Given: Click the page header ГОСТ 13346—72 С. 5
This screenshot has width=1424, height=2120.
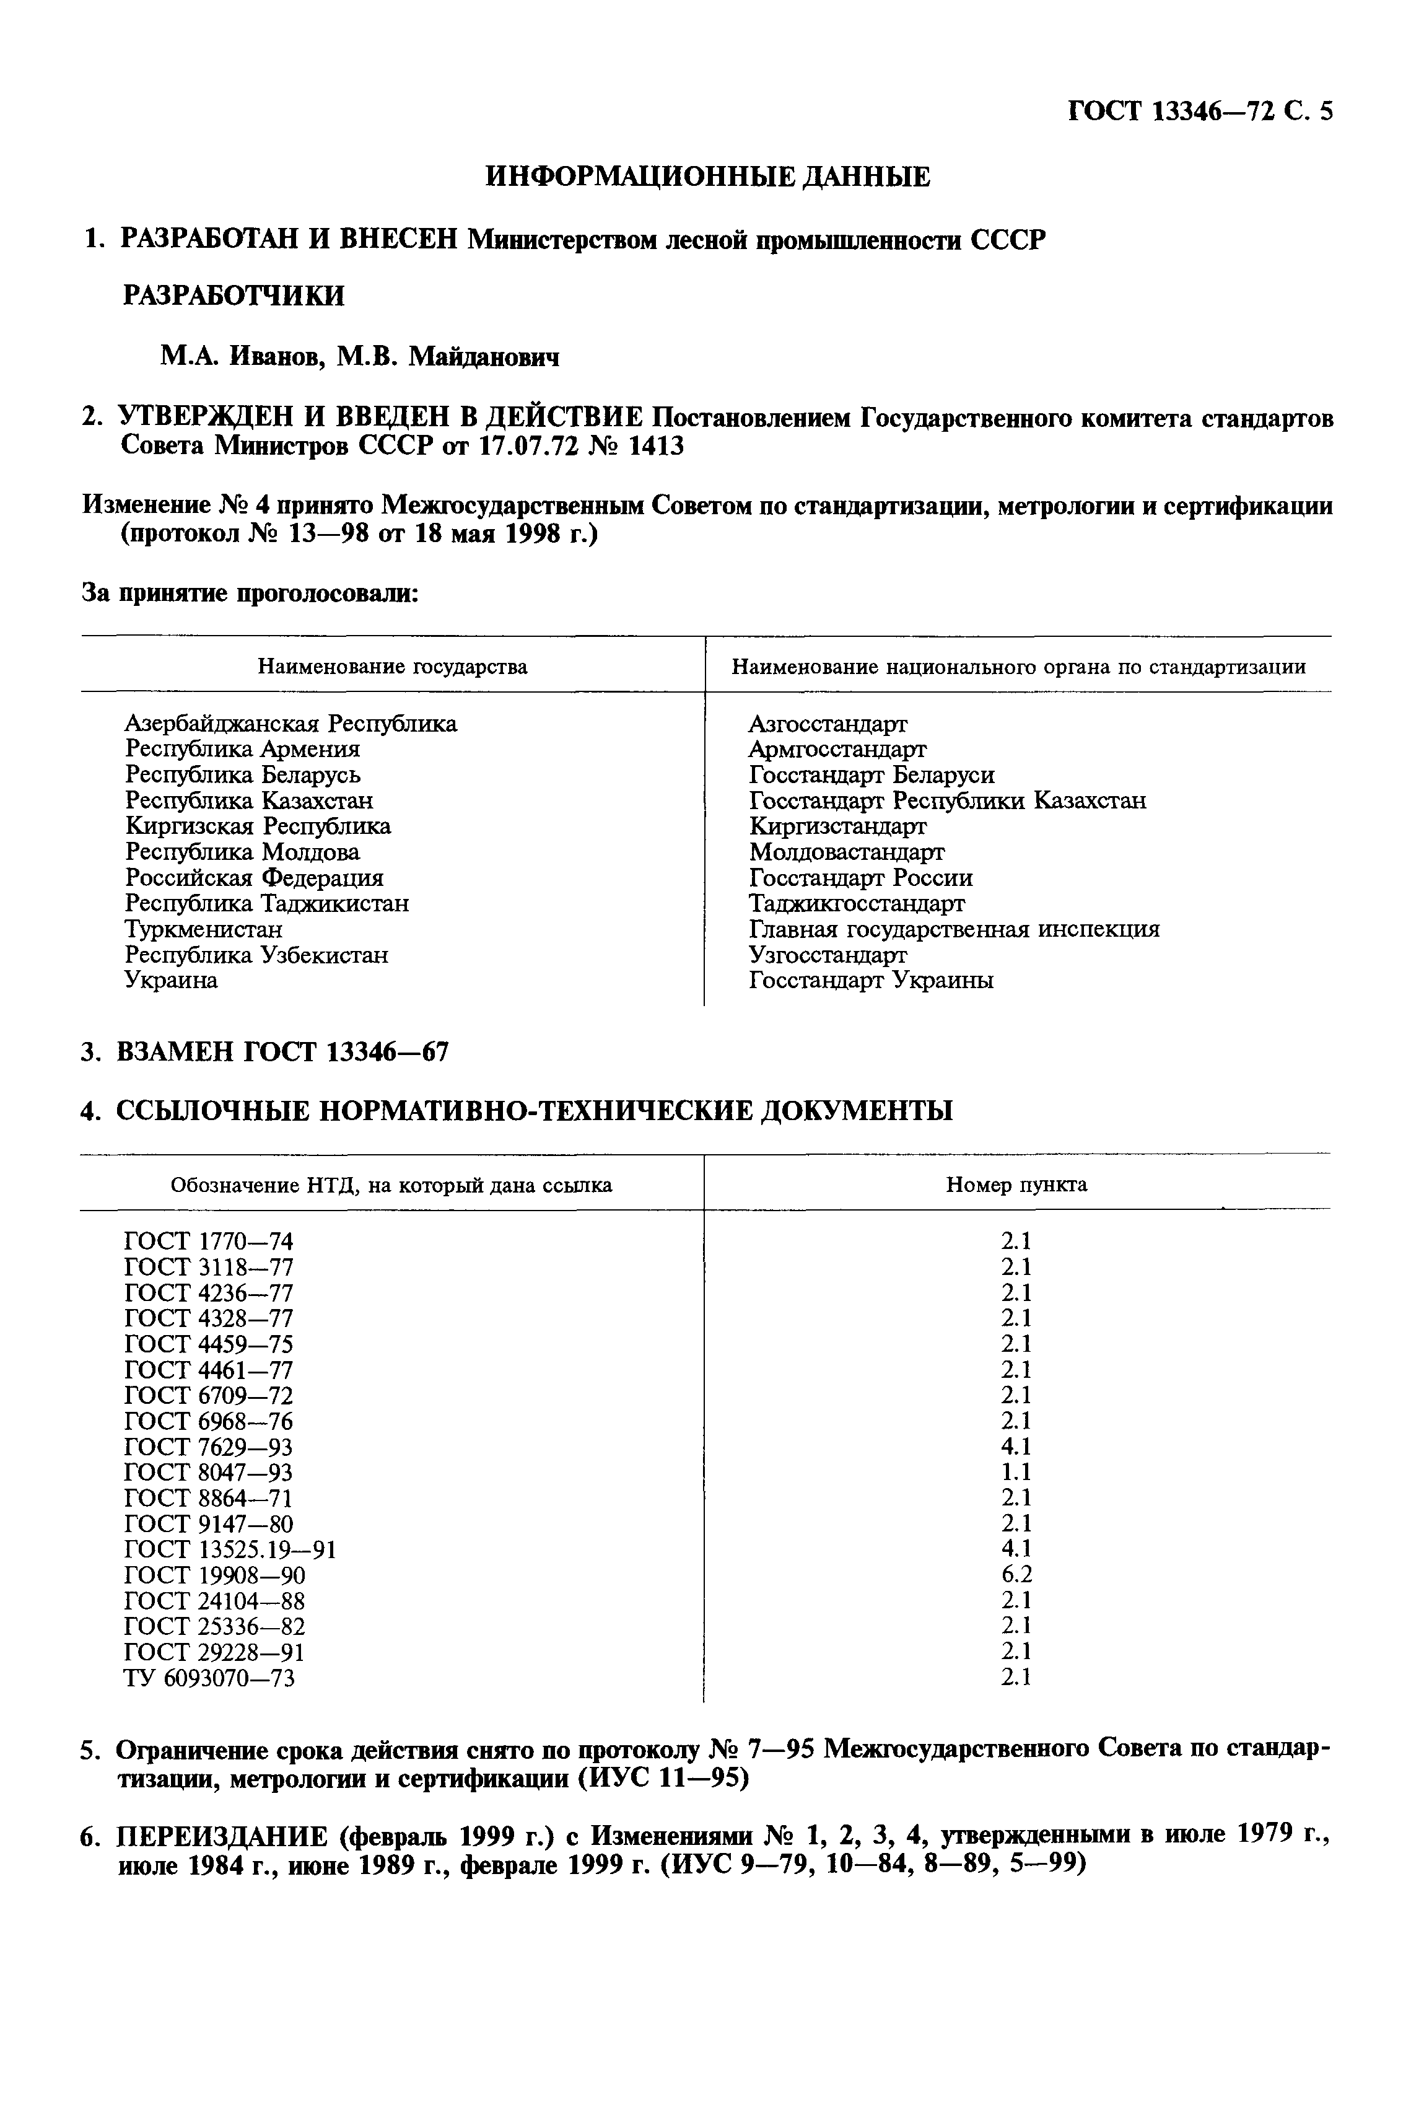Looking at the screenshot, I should pyautogui.click(x=1199, y=112).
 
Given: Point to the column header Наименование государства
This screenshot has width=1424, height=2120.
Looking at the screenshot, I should pyautogui.click(x=392, y=667).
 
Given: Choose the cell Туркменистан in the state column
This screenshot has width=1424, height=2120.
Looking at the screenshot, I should pyautogui.click(x=203, y=929).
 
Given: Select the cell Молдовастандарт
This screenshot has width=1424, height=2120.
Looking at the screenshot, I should pyautogui.click(x=845, y=852).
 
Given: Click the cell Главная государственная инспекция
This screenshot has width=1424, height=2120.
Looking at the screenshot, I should pyautogui.click(x=954, y=929).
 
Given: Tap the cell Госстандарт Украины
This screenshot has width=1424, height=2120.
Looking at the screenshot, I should pyautogui.click(x=870, y=981).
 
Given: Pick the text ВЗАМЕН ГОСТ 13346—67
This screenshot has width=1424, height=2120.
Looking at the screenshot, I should pyautogui.click(x=282, y=1052).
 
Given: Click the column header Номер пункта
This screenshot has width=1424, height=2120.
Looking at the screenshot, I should pyautogui.click(x=1016, y=1185).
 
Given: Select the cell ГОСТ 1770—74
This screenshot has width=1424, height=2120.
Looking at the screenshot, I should pyautogui.click(x=208, y=1242).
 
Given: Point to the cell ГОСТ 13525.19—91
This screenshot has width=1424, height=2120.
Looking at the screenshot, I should pyautogui.click(x=230, y=1549).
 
